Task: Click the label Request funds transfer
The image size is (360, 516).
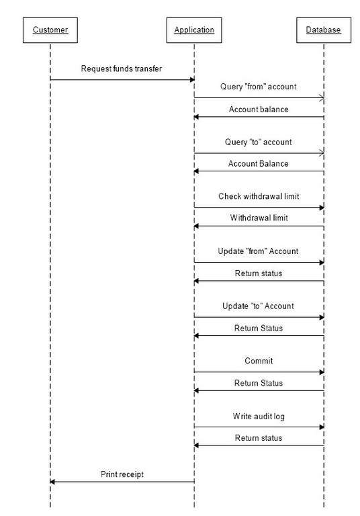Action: coord(122,69)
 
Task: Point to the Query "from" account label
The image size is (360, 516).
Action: coord(259,87)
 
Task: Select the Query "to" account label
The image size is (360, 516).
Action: coord(259,142)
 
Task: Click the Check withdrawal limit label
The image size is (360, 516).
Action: coord(259,196)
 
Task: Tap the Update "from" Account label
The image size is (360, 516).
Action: coord(258,251)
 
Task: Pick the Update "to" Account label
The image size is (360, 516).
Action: coord(258,306)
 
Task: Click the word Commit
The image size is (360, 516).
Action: coord(259,361)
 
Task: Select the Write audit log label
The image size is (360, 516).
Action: coord(259,417)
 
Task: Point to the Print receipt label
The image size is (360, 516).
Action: coord(122,474)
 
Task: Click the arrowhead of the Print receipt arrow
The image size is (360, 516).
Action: coord(52,482)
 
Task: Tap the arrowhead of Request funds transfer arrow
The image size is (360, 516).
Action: coord(193,80)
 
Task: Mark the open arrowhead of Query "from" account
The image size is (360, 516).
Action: coord(322,97)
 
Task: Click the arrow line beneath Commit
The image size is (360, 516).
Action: coord(259,372)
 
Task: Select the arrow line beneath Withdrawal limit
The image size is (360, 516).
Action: coord(259,226)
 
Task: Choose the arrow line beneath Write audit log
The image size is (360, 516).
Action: coord(259,427)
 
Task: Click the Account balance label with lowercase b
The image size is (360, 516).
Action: coord(259,110)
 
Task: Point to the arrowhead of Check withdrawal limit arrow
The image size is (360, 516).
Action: coord(322,208)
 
